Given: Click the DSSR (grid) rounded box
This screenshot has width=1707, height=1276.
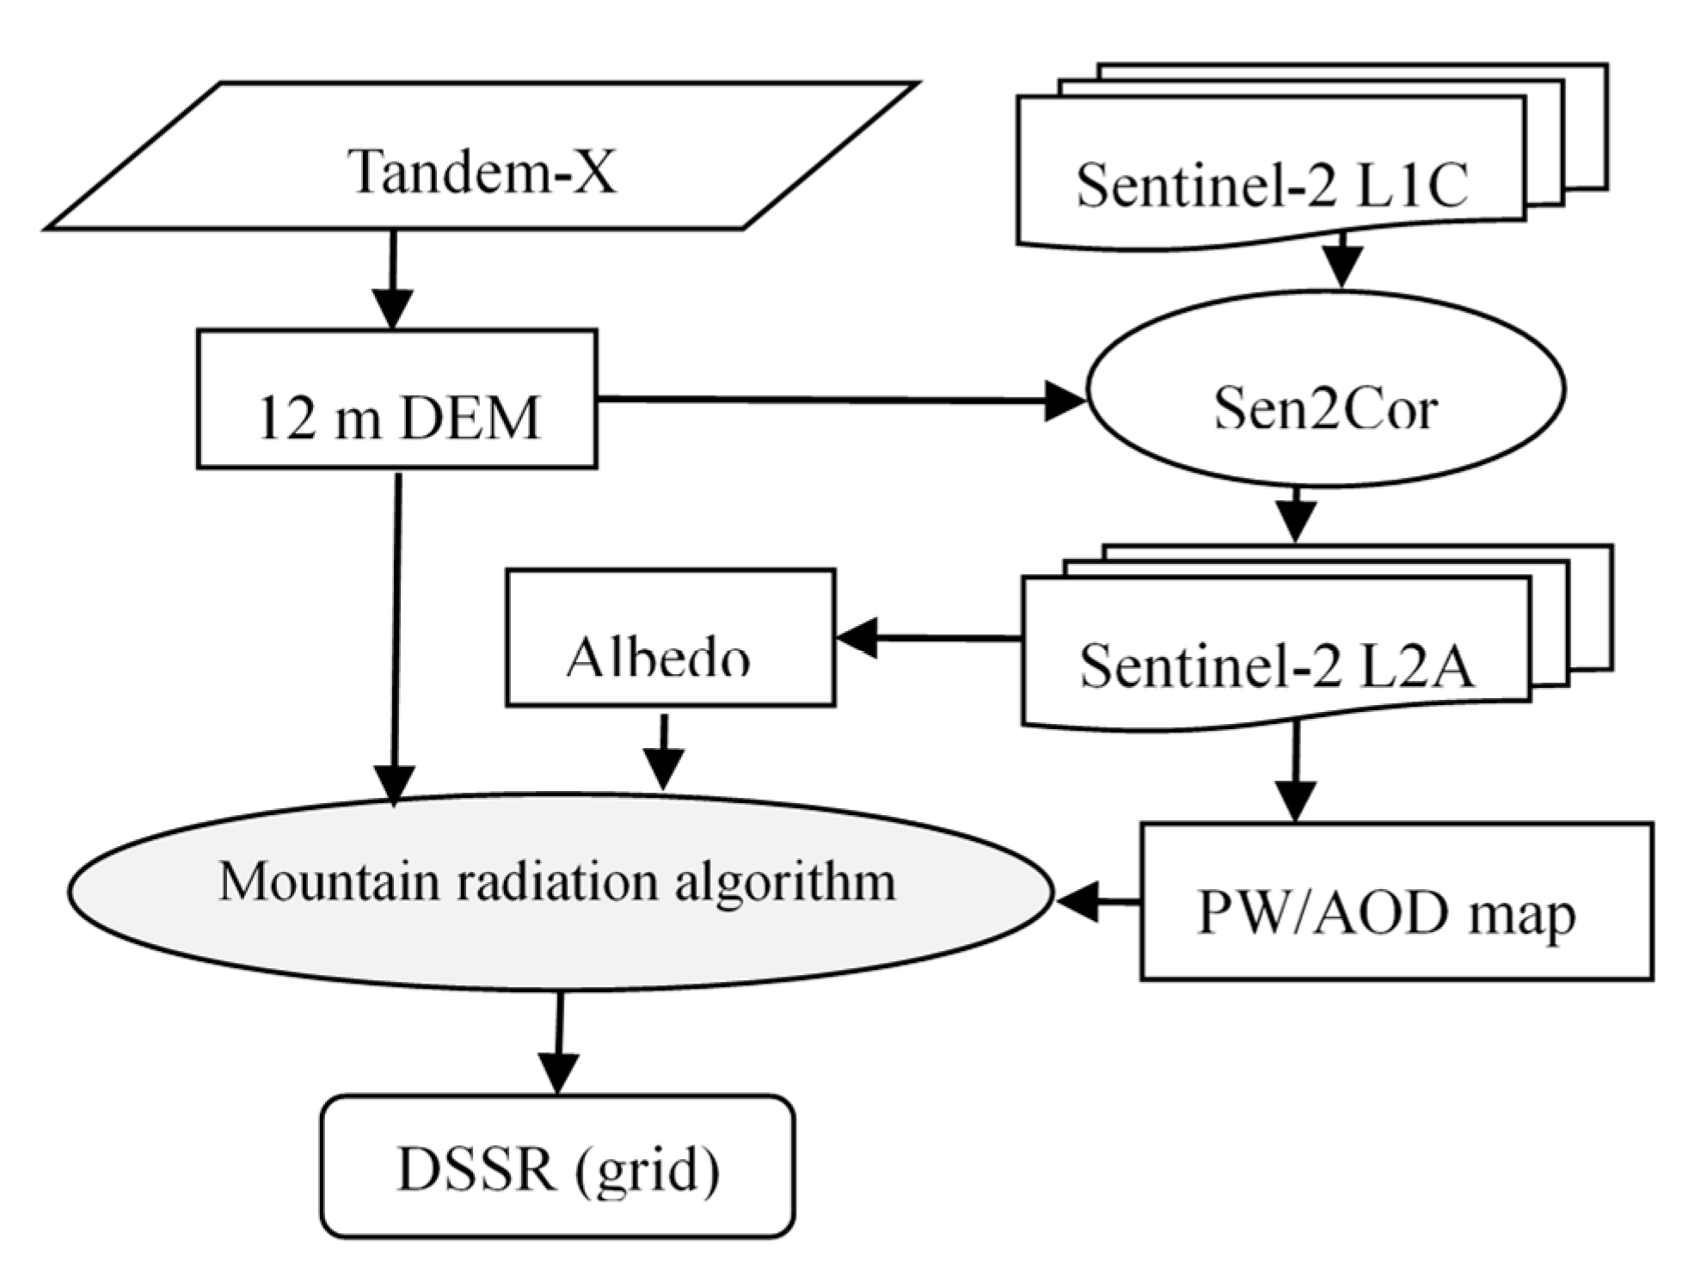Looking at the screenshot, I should point(557,1167).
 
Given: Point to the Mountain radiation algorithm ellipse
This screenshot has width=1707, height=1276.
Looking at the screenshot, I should point(559,890).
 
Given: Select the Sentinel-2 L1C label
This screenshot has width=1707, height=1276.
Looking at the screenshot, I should point(1272,185).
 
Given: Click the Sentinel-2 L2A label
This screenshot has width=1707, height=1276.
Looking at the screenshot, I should point(1277,666).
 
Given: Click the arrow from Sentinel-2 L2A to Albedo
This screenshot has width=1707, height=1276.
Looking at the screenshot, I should point(929,638).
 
